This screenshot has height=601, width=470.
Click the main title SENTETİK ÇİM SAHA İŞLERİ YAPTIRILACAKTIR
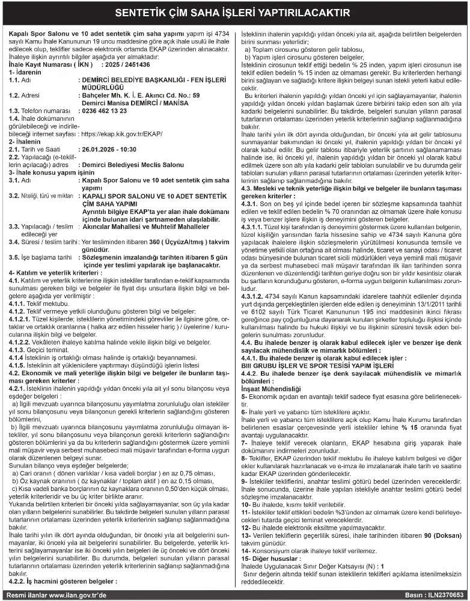234,12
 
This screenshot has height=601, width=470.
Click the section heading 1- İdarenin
24,72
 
